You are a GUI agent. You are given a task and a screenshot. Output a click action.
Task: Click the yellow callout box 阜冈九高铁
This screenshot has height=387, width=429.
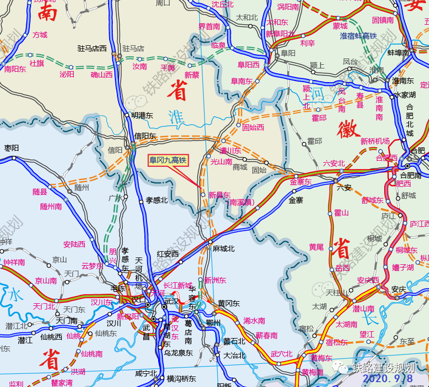[168, 160]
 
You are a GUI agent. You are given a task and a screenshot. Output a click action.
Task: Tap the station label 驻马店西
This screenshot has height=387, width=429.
[92, 48]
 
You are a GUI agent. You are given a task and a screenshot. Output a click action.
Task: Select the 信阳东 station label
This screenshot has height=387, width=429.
[145, 136]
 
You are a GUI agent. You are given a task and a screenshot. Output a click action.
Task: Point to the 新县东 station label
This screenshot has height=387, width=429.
[219, 194]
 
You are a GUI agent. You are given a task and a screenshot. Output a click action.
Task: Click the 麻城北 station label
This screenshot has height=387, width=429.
[224, 248]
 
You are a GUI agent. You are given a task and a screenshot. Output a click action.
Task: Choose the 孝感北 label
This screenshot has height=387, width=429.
[157, 200]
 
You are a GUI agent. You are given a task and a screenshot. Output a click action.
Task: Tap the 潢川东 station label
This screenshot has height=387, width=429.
[230, 151]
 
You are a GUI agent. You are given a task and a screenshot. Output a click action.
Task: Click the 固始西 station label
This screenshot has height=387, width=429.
[253, 127]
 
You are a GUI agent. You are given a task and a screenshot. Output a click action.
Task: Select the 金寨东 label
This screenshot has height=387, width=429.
[301, 182]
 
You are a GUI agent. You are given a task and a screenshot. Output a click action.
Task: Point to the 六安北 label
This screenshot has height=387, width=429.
[334, 163]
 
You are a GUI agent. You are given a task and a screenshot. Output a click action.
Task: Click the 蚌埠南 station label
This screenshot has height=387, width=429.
[398, 52]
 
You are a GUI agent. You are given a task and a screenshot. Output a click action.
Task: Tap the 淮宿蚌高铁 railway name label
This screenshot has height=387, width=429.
[358, 36]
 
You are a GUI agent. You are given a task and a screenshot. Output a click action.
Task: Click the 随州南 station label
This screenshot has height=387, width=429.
[51, 206]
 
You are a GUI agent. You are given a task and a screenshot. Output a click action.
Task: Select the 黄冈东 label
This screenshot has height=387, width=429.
[229, 303]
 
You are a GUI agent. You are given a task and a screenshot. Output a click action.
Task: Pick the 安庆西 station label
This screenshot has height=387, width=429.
[368, 280]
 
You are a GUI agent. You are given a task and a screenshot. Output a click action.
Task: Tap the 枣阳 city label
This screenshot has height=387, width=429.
[12, 148]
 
